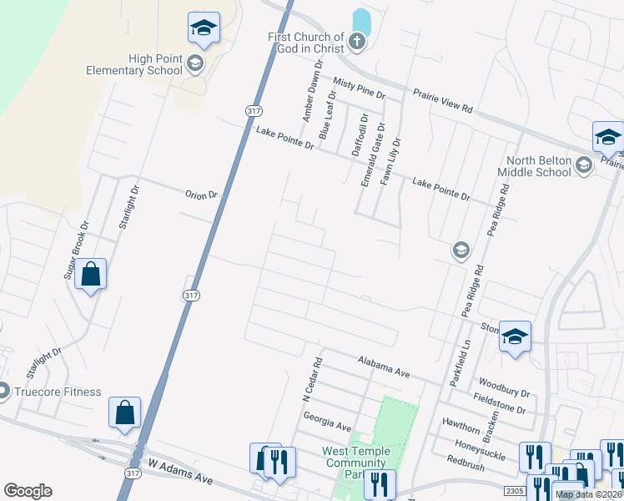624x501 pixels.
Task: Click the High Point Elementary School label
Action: (x=133, y=64)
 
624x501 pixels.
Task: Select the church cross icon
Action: (x=357, y=41)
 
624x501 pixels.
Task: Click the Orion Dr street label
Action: (x=201, y=195)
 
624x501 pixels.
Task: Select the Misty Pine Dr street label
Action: (x=359, y=89)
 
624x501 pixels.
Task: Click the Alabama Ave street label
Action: (x=384, y=367)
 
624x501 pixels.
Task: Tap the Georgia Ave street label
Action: (x=327, y=421)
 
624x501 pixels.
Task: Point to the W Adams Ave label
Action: (x=179, y=470)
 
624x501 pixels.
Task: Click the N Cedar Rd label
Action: (x=312, y=380)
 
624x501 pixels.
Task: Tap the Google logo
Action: (x=28, y=491)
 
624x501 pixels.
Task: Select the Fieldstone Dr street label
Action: (x=498, y=404)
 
